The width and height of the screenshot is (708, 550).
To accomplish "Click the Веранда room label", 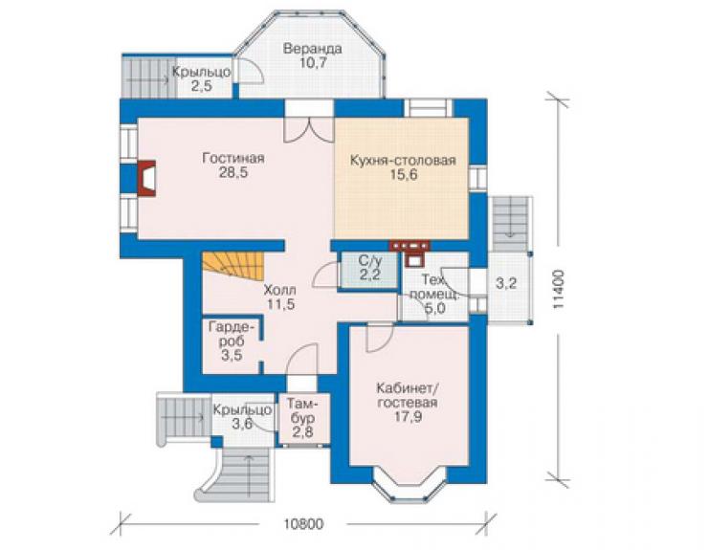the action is click(x=312, y=49).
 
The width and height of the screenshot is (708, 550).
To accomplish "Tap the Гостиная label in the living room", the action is click(x=233, y=159).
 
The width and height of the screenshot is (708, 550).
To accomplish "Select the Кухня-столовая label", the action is click(x=403, y=161).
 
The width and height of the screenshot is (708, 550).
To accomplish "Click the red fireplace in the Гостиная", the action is click(x=145, y=178).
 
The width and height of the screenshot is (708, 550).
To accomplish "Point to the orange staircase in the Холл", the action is click(x=233, y=266).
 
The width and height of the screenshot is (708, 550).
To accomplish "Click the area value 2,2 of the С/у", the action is click(x=370, y=275).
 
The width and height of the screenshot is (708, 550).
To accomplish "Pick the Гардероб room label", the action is click(x=232, y=333).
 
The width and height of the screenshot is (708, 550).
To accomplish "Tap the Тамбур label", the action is click(x=302, y=409).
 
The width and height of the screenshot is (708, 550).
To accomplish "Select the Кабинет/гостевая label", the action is click(x=408, y=396).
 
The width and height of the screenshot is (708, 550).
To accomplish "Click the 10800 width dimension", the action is click(x=304, y=524).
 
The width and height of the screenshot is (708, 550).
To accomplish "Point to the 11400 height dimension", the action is click(x=558, y=290).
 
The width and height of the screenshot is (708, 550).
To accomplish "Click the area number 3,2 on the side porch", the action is click(x=506, y=283).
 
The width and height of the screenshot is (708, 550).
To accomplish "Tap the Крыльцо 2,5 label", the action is click(x=202, y=78).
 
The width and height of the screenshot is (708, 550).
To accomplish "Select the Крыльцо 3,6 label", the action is click(x=242, y=416).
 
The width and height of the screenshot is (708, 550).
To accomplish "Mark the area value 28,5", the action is click(x=233, y=172).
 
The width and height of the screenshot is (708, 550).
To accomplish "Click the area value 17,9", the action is click(x=409, y=416).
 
